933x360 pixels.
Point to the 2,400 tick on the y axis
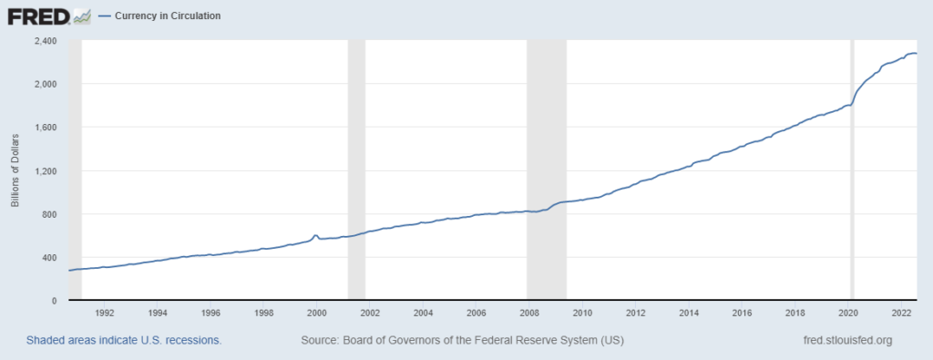pyautogui.click(x=45, y=41)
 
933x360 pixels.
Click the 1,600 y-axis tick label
pyautogui.click(x=45, y=128)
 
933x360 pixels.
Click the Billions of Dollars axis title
pyautogui.click(x=15, y=170)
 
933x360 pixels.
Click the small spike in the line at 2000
pyautogui.click(x=315, y=236)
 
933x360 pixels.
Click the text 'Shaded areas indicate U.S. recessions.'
pyautogui.click(x=124, y=341)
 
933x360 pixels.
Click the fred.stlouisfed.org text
pyautogui.click(x=843, y=341)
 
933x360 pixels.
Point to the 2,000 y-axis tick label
pyautogui.click(x=45, y=84)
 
